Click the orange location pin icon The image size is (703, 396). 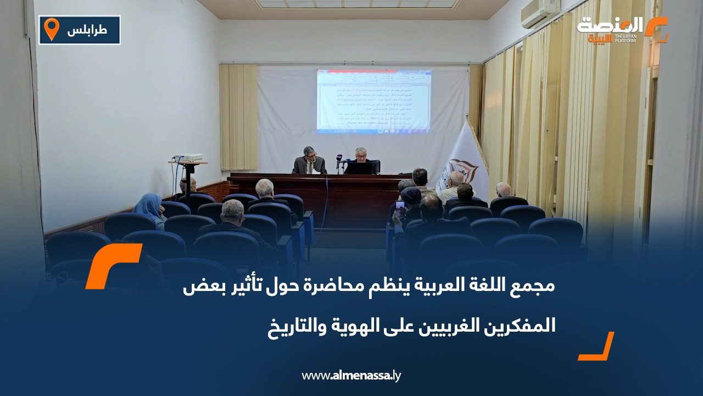(51, 29)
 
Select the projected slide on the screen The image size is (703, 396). (373, 100)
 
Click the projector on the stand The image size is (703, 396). (187, 158)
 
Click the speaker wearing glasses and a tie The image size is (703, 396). (309, 161)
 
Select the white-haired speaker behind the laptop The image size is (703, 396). (361, 159)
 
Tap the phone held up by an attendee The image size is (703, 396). (400, 208)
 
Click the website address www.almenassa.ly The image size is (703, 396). (351, 376)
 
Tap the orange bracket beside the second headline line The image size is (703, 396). (596, 346)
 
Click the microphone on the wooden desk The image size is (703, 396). (338, 161)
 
